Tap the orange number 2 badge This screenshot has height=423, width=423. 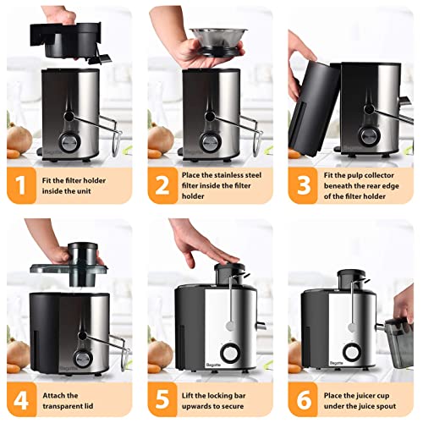point(162,188)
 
